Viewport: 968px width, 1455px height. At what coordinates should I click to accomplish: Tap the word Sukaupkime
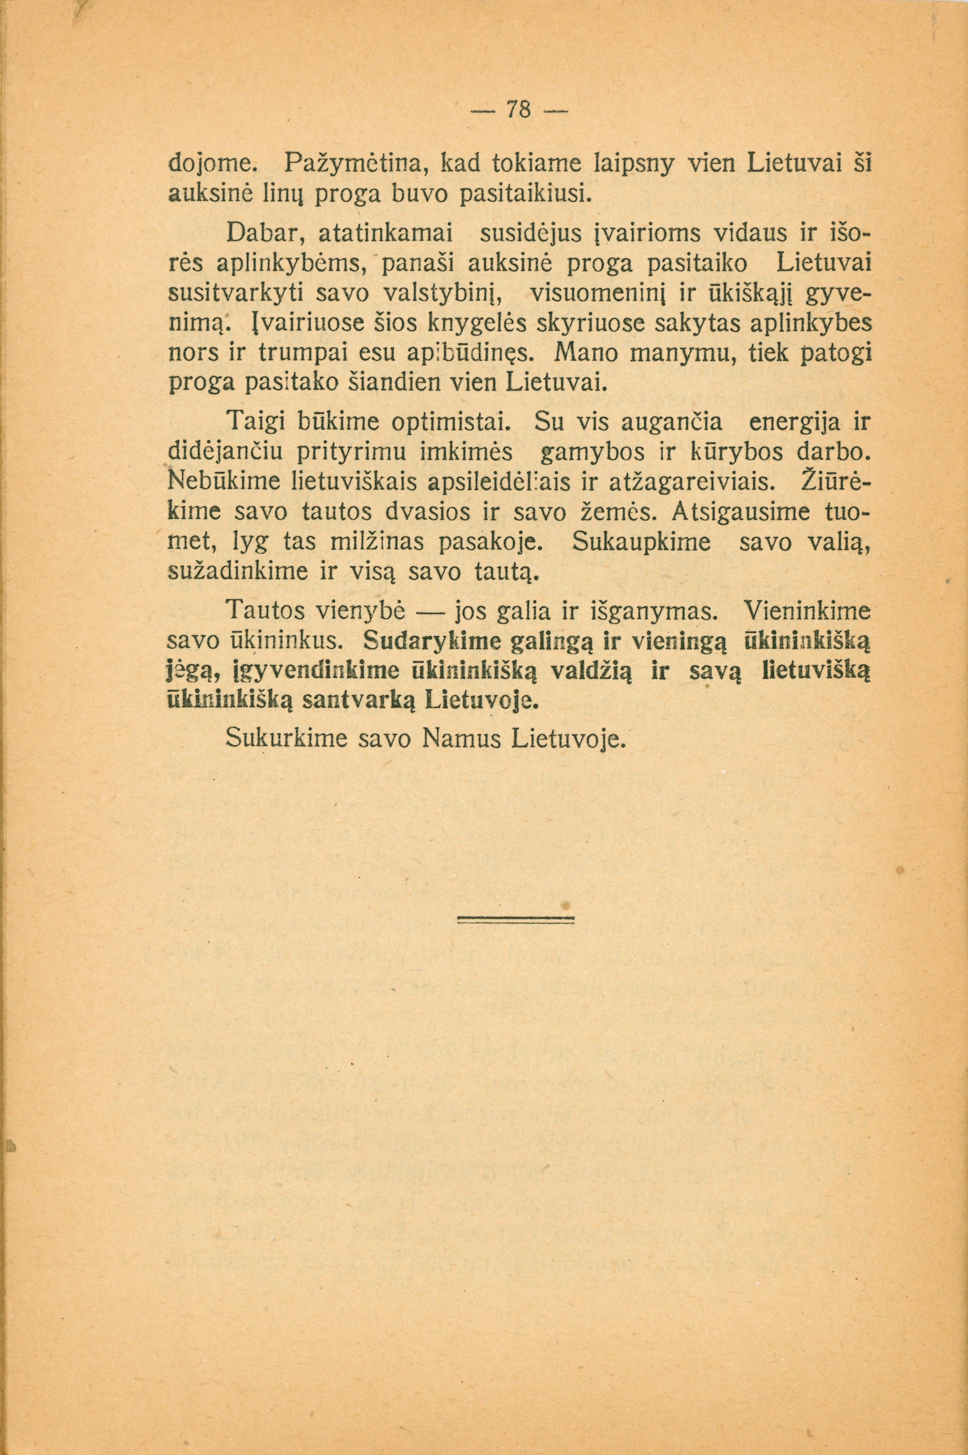tap(642, 542)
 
